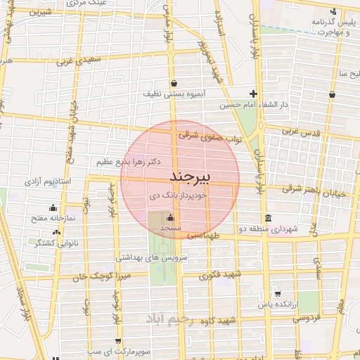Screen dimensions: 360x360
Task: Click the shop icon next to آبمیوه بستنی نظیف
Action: pyautogui.click(x=173, y=82)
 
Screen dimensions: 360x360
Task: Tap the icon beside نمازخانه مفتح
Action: pyautogui.click(x=53, y=207)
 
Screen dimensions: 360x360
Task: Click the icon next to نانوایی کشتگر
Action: pyautogui.click(x=53, y=231)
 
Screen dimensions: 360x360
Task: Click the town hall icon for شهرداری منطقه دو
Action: pyautogui.click(x=266, y=218)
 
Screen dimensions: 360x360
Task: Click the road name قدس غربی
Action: pyautogui.click(x=301, y=131)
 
